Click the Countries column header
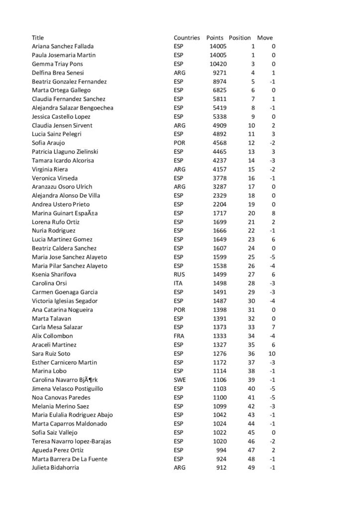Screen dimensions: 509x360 tap(186, 38)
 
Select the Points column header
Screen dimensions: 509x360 tap(215, 38)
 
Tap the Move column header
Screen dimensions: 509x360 tap(265, 38)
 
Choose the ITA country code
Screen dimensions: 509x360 tap(178, 283)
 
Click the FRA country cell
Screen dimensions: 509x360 tap(179, 336)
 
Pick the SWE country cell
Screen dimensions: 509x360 tap(179, 380)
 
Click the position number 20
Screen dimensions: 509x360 tap(251, 213)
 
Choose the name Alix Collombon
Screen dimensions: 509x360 tap(52, 336)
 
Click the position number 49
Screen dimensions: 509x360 tap(251, 468)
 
